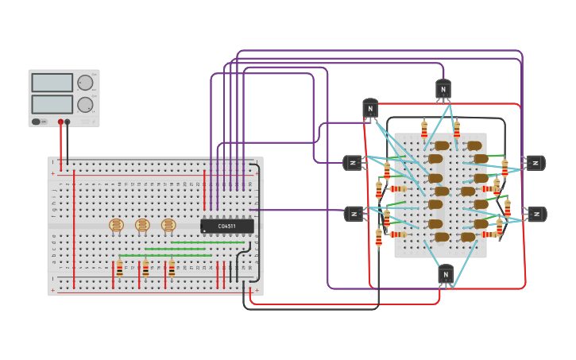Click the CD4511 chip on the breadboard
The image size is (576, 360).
pos(227,226)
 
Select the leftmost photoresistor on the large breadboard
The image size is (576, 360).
pos(117,226)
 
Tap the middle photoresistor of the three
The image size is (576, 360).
pos(142,226)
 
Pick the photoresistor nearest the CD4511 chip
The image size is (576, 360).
pos(168,226)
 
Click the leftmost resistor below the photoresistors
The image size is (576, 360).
pos(119,269)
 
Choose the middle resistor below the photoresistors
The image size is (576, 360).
pos(145,269)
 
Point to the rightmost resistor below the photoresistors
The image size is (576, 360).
pos(172,269)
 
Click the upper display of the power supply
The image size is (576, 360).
pos(52,83)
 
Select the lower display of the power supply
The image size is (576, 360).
pos(52,104)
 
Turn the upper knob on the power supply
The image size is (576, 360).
pos(84,83)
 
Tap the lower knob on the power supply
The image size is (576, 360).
pos(84,104)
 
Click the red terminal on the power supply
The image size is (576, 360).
pos(60,122)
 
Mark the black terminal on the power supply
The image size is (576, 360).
pos(68,122)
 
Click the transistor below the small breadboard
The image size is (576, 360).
pos(446,274)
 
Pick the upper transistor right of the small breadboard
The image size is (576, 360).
pos(535,163)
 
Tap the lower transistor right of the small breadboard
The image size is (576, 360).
pos(537,215)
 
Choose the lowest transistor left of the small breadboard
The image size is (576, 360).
pos(354,214)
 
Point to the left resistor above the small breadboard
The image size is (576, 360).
pos(424,128)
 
